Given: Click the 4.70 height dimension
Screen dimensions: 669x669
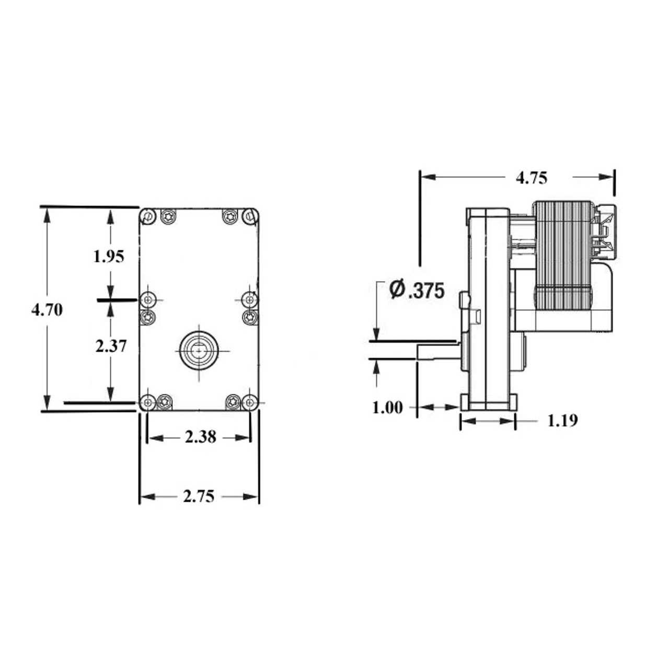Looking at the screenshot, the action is coord(47,310).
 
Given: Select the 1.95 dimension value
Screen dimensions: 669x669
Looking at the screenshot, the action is coord(109,257).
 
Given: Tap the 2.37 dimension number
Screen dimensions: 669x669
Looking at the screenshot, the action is coord(111,346).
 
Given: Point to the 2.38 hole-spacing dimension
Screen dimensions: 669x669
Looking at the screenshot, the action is coord(200,437).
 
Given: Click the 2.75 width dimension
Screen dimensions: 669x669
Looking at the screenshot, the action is coord(199,497).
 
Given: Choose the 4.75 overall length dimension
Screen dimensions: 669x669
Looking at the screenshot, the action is coord(531,178).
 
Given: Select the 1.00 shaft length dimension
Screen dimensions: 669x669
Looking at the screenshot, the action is coord(387,408).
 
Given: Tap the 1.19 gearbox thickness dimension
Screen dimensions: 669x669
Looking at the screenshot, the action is coord(563,421).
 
